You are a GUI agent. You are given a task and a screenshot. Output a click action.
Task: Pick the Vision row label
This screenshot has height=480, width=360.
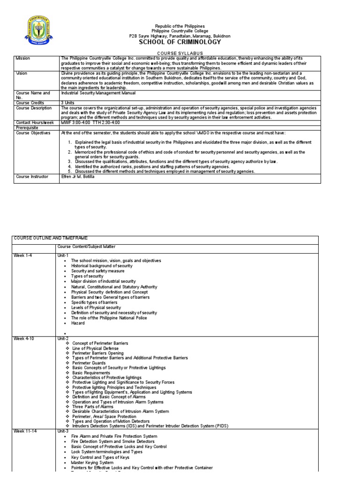pyautogui.click(x=22, y=73)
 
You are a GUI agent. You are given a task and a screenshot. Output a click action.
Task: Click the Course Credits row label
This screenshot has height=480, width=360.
pyautogui.click(x=30, y=103)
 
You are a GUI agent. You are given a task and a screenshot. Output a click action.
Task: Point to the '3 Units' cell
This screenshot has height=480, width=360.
pyautogui.click(x=69, y=103)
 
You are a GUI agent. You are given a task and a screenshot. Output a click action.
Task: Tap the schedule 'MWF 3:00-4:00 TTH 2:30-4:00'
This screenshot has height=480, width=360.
pyautogui.click(x=90, y=122)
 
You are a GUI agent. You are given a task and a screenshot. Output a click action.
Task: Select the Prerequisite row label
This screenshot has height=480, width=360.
pyautogui.click(x=28, y=127)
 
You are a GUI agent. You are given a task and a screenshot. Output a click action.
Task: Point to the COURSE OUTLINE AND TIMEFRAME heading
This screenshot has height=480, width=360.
pyautogui.click(x=45, y=239)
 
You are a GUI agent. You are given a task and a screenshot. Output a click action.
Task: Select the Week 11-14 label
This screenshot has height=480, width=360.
pyautogui.click(x=25, y=431)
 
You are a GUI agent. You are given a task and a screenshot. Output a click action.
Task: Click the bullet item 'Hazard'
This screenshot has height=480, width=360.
pyautogui.click(x=78, y=323)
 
